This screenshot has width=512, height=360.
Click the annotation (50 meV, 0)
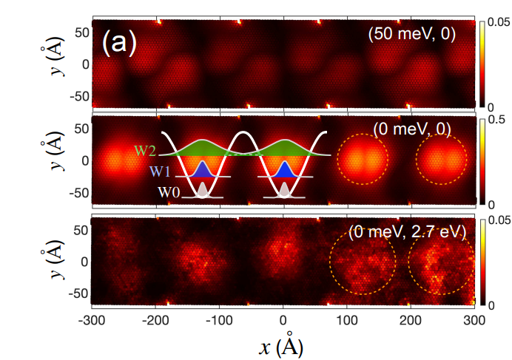[x=412, y=33]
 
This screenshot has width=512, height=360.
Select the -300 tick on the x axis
[x=92, y=321]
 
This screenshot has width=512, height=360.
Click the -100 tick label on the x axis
[x=220, y=321]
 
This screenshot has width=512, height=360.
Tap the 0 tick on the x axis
[x=283, y=321]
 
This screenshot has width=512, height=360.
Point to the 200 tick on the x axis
[x=411, y=321]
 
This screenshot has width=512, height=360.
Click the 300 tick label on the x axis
[x=474, y=321]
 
